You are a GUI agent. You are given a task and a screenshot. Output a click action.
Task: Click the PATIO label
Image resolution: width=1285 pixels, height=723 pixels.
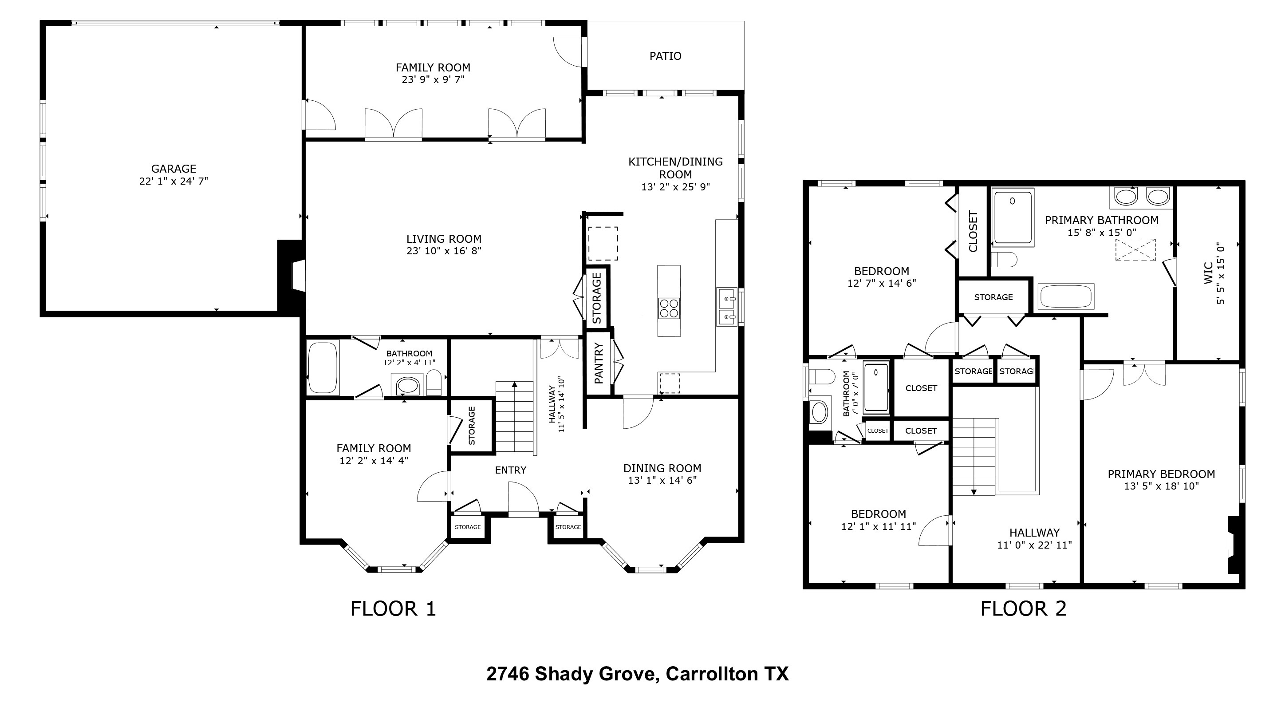665,56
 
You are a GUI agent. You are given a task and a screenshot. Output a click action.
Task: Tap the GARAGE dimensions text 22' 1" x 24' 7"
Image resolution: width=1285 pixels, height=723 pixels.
173,181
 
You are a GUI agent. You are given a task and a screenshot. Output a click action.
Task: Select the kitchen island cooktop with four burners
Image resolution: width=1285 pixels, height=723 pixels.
668,308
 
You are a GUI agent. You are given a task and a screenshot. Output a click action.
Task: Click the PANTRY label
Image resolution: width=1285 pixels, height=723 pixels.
599,363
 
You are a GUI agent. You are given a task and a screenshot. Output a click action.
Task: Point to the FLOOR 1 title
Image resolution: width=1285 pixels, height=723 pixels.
393,609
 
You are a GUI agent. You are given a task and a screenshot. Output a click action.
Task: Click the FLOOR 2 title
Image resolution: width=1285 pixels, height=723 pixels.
1023,609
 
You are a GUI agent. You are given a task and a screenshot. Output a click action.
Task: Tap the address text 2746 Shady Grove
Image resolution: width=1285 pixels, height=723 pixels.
570,674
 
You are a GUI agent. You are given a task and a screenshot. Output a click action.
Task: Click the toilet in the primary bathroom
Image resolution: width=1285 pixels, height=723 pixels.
1004,260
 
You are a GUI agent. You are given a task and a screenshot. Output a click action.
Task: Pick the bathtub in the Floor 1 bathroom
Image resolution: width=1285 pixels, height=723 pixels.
322,368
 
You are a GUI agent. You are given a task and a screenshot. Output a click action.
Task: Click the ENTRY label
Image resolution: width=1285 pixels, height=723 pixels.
510,470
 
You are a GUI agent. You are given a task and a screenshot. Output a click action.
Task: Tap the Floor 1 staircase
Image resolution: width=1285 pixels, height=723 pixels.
514,417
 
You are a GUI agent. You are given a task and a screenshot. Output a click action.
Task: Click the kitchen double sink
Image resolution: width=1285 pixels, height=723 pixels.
727,306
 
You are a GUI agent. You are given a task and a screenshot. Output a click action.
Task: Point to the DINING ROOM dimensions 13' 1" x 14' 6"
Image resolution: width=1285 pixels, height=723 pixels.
662,481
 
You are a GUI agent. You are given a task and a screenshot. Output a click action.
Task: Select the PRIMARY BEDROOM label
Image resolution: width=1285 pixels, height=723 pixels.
1161,474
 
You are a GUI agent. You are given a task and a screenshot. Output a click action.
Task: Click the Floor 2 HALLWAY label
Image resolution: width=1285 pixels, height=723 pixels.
1034,533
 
